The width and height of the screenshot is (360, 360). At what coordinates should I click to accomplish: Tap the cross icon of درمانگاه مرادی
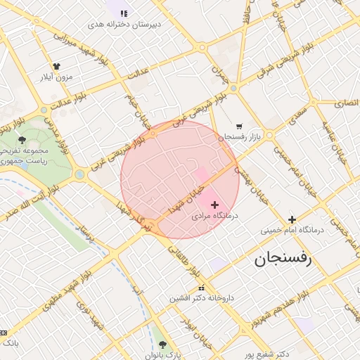click(x=214, y=204)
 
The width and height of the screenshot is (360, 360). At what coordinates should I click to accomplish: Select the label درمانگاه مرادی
click(x=215, y=217)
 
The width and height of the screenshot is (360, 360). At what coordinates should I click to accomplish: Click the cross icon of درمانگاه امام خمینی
click(x=292, y=219)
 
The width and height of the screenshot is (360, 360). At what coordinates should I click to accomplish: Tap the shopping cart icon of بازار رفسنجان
click(x=239, y=127)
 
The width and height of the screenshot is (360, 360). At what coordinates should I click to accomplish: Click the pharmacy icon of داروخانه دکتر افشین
click(x=202, y=288)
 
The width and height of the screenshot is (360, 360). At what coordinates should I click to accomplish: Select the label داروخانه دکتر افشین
click(x=200, y=299)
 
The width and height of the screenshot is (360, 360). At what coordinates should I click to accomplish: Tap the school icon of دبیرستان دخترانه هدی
click(x=124, y=13)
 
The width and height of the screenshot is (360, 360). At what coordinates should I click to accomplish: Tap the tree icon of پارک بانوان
click(x=163, y=345)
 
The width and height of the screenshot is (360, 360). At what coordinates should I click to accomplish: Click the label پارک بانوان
click(x=165, y=355)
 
